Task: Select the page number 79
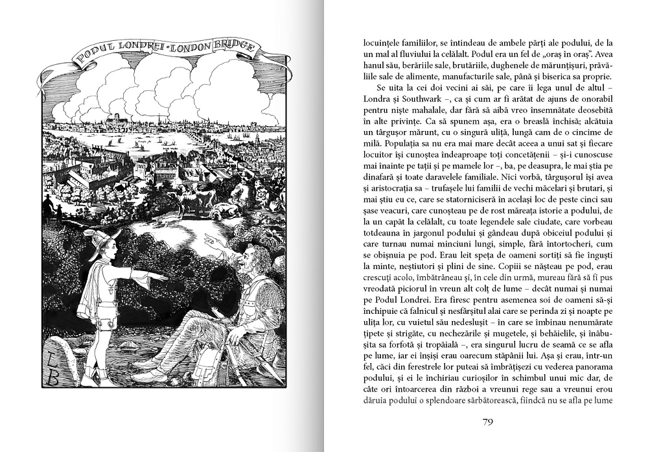click(x=489, y=422)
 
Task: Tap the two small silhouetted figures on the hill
click(x=51, y=209)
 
